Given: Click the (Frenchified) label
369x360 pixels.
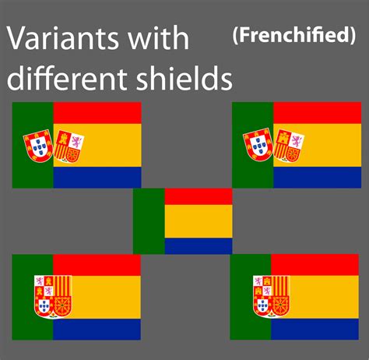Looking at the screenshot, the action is click(294, 35).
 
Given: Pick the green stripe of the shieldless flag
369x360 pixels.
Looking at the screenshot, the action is click(149, 221).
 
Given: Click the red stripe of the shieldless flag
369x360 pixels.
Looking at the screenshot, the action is click(199, 196).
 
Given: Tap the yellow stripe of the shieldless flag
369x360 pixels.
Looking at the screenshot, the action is click(199, 221).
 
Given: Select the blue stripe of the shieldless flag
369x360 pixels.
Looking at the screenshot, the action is click(199, 245).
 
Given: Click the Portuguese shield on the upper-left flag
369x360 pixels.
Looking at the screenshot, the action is click(38, 146).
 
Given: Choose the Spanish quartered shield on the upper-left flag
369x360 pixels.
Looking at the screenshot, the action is click(69, 146).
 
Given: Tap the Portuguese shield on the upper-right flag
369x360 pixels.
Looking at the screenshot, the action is click(258, 144).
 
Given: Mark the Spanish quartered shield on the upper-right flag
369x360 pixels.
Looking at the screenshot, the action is click(289, 146).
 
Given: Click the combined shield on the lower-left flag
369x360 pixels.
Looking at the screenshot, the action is click(53, 297).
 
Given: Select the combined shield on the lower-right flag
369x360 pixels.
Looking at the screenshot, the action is click(272, 297).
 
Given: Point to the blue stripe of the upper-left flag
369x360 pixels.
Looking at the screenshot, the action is click(97, 178).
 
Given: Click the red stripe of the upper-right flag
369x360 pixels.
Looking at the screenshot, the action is click(317, 113).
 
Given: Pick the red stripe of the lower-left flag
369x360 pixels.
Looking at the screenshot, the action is click(97, 265).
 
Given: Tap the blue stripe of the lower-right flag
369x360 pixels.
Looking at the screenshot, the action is click(315, 329).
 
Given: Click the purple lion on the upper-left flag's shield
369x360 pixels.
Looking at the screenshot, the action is click(76, 142).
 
